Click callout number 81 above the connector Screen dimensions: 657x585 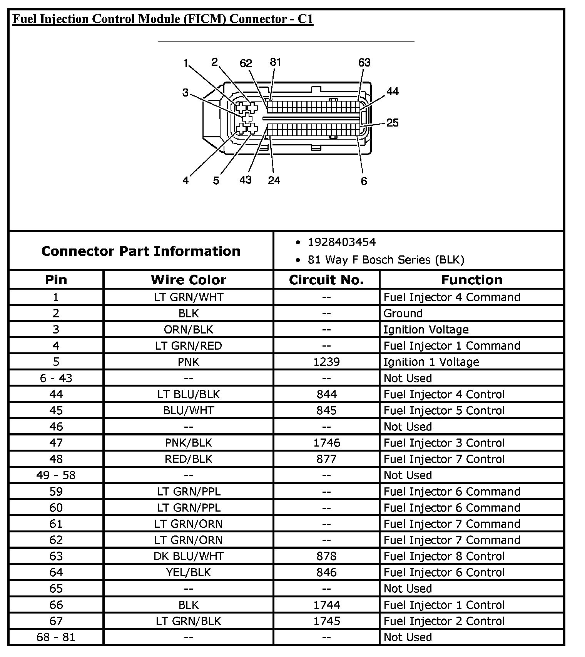[275, 62]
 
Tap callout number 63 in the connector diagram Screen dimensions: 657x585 [364, 62]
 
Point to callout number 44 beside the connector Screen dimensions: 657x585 [393, 92]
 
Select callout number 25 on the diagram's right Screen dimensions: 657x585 [392, 123]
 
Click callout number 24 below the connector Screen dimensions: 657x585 [274, 180]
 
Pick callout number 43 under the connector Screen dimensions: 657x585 [245, 180]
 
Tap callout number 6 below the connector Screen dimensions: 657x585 [364, 181]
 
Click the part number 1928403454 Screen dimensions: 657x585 [341, 242]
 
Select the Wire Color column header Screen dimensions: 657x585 [188, 280]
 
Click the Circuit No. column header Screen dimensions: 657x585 [326, 280]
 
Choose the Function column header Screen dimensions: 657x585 [471, 280]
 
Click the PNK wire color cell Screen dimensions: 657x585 [188, 362]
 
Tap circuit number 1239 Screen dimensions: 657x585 [326, 362]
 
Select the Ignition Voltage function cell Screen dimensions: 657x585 [426, 330]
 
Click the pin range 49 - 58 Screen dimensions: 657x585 [56, 475]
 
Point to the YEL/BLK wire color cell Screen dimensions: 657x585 [188, 572]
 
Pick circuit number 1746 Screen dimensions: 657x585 [326, 443]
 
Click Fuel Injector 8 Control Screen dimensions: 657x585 [444, 556]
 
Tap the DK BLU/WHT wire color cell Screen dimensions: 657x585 [188, 556]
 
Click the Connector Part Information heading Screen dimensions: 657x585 [141, 251]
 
